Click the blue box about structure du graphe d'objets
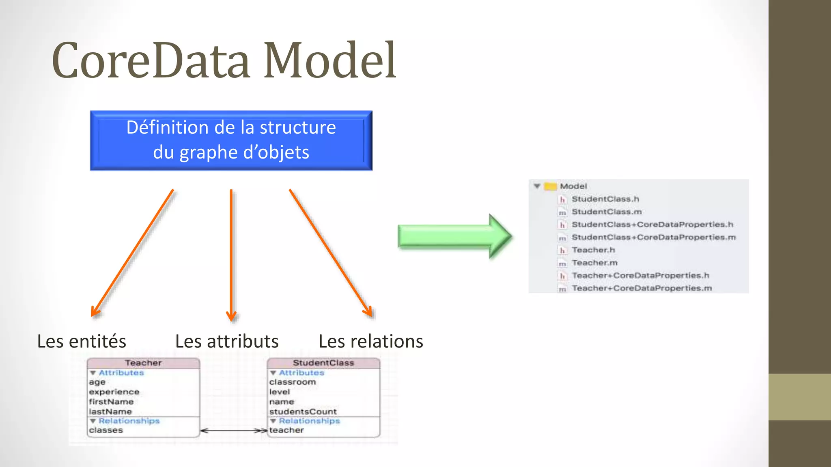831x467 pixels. pyautogui.click(x=231, y=140)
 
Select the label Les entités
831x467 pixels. pyautogui.click(x=82, y=341)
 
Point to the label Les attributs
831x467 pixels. pyautogui.click(x=227, y=341)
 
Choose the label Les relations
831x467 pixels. pyautogui.click(x=370, y=341)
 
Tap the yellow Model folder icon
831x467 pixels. pyautogui.click(x=550, y=186)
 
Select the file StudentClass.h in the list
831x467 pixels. pyautogui.click(x=605, y=199)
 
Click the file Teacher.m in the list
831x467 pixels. pyautogui.click(x=594, y=263)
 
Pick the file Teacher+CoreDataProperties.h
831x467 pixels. pyautogui.click(x=640, y=276)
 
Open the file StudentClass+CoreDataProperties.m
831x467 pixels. pyautogui.click(x=653, y=237)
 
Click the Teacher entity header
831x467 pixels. pyautogui.click(x=143, y=363)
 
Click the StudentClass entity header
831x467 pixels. pyautogui.click(x=323, y=363)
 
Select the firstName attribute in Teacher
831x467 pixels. pyautogui.click(x=111, y=402)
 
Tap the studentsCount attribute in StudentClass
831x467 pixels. pyautogui.click(x=303, y=411)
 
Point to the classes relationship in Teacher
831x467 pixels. pyautogui.click(x=106, y=430)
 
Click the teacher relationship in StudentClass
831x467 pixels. pyautogui.click(x=286, y=430)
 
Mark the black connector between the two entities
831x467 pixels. pyautogui.click(x=234, y=431)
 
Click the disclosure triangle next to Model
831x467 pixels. pyautogui.click(x=537, y=186)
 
